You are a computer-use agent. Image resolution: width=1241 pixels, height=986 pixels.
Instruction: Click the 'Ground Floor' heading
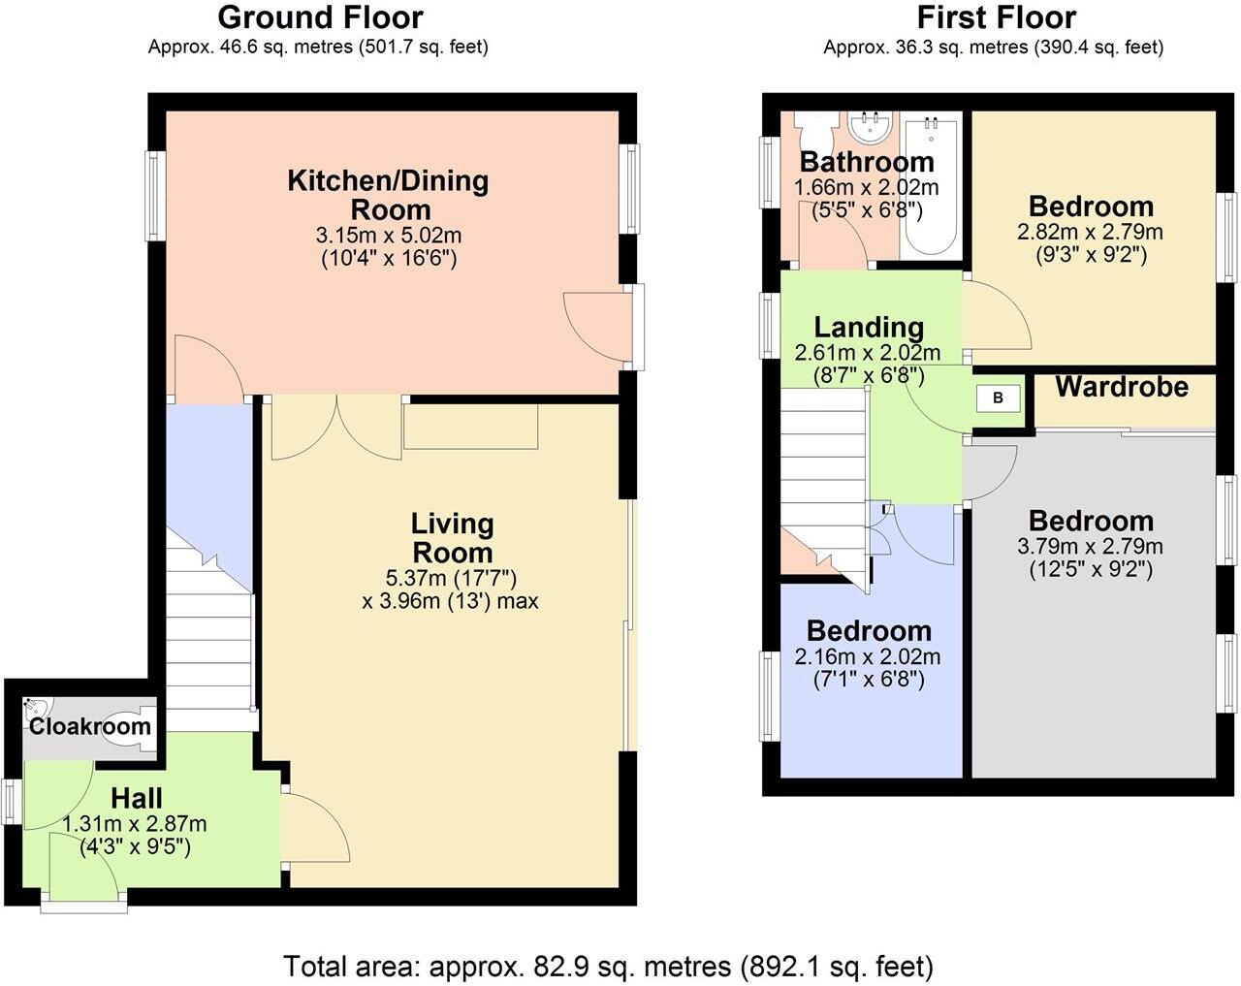coord(320,17)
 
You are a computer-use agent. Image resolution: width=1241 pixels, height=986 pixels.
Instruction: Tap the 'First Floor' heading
coord(997,17)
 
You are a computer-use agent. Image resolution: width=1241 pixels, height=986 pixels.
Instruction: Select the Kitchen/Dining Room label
coord(388,195)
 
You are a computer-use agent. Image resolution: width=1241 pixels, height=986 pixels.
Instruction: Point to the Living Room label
coord(453,538)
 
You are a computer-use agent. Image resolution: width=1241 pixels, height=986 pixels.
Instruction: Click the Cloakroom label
coord(90,726)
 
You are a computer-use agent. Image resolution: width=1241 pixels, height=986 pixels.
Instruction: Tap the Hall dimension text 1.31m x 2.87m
coord(135,823)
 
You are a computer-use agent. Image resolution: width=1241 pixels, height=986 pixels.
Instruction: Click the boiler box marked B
coord(999,398)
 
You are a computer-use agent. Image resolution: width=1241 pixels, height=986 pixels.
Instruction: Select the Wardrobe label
coord(1122,387)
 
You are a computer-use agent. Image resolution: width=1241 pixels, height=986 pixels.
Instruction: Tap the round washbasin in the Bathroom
coord(872,129)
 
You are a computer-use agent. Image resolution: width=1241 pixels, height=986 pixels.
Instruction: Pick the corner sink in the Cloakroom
coord(36,707)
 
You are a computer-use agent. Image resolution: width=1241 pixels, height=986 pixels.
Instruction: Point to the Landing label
coord(869,328)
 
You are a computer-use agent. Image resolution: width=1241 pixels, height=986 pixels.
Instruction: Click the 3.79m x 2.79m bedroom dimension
coord(1090,546)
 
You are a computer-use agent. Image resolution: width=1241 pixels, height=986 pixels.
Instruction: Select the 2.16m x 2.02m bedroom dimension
coord(868,656)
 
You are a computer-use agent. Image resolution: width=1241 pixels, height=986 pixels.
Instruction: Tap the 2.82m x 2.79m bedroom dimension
coord(1090,232)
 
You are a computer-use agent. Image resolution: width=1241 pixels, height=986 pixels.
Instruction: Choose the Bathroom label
coord(867,162)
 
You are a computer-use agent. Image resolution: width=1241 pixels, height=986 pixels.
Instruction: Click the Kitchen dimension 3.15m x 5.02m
coord(388,236)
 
